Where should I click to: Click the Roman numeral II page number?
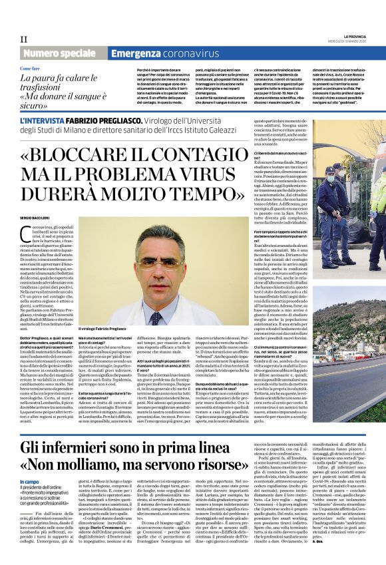tap(24, 39)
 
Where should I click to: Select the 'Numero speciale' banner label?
tap(61, 52)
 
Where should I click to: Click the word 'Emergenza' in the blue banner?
tap(136, 52)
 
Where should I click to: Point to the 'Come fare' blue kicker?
tap(29, 69)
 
